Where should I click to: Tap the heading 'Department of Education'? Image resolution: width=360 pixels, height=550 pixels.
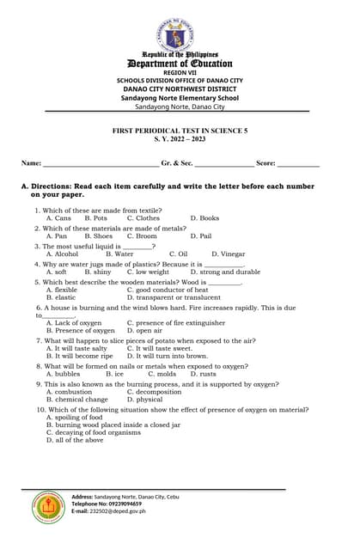pos(180,63)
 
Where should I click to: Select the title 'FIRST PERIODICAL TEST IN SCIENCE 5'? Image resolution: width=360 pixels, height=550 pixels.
pos(180,129)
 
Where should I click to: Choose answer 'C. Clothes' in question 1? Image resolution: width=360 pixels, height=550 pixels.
pos(143,218)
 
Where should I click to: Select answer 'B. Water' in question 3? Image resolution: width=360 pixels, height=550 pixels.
pos(119,254)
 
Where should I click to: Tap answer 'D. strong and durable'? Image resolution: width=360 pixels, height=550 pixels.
pos(222,272)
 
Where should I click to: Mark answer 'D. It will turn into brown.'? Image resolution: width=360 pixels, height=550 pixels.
pos(167,356)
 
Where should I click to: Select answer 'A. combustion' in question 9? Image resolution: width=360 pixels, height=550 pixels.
pos(69,392)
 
